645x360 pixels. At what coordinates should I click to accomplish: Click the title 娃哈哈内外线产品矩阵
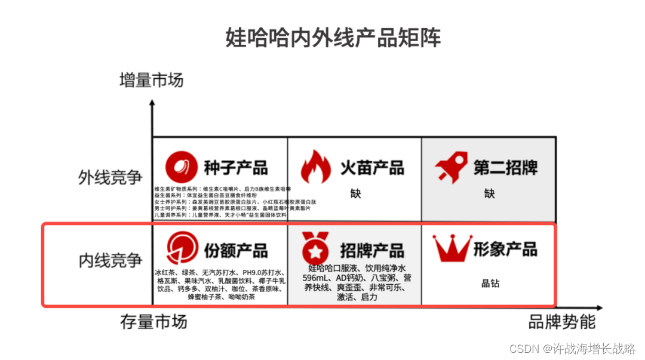pos(333,38)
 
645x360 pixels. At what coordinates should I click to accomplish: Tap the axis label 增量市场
pos(152,79)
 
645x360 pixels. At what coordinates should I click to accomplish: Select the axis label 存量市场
pos(155,322)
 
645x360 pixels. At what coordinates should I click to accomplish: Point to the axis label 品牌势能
pos(562,322)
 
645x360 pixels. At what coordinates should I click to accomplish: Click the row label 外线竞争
pos(110,177)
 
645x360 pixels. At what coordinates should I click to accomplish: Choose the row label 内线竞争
pos(110,260)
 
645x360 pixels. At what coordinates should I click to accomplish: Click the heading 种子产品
pos(236,167)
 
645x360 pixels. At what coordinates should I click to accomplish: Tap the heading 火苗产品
pos(372,167)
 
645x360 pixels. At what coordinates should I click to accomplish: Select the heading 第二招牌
pos(505,167)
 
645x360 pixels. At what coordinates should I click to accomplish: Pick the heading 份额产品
pos(236,250)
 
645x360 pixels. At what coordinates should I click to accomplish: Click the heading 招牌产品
pos(372,250)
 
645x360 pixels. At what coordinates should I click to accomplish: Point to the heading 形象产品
pos(505,248)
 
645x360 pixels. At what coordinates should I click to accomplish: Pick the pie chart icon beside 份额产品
pos(182,249)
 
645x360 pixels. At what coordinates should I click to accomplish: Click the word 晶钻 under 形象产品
pos(490,284)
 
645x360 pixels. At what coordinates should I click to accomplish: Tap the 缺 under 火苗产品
pos(356,193)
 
